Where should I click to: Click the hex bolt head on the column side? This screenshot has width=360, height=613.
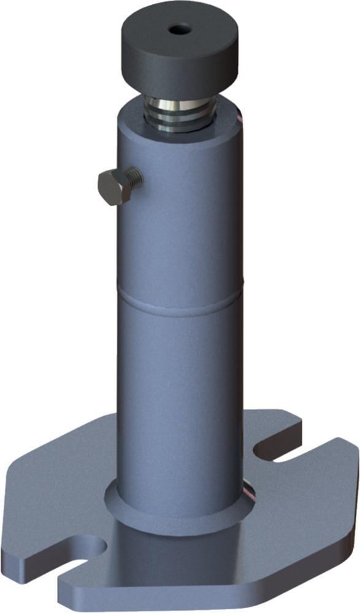click(x=113, y=188)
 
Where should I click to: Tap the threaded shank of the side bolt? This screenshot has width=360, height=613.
click(x=134, y=178)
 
